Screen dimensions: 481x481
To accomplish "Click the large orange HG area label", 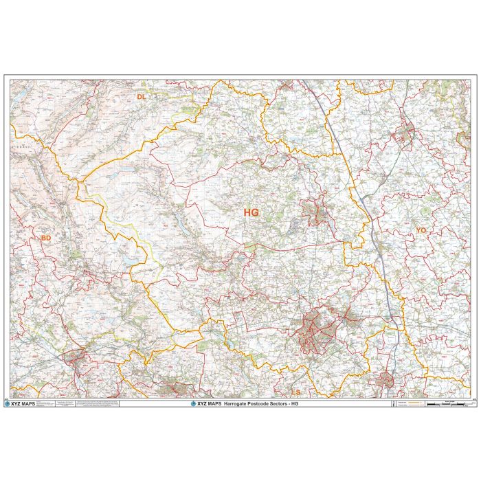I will click(x=251, y=213).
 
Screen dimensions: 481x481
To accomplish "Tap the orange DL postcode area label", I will click(x=141, y=97).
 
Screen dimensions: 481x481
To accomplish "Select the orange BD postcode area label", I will click(x=46, y=238).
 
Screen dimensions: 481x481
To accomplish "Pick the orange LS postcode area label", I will click(x=296, y=392).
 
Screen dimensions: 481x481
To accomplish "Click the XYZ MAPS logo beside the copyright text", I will click(x=23, y=403).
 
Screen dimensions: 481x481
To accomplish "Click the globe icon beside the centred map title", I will click(x=194, y=403).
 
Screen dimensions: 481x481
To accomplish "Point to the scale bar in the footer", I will click(x=447, y=403).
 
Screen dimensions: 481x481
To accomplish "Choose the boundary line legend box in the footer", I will click(x=405, y=403).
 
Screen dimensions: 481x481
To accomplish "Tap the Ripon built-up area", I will click(x=317, y=212).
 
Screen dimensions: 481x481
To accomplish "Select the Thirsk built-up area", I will click(x=405, y=131).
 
